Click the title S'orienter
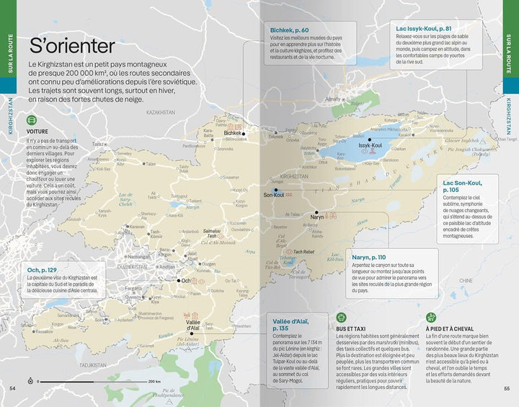tap(71, 47)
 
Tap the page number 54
tap(12, 389)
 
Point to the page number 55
tap(507, 389)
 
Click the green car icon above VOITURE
tap(32, 121)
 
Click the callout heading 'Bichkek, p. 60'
tap(290, 30)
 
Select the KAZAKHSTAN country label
tap(160, 113)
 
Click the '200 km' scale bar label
tap(154, 381)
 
